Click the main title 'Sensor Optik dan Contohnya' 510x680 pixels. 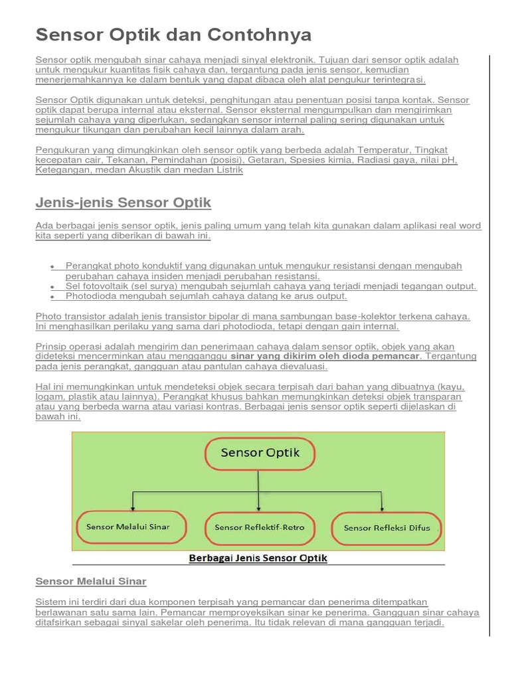pos(173,35)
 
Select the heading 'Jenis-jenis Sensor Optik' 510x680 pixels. pos(123,202)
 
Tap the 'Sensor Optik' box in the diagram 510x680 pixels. pos(260,454)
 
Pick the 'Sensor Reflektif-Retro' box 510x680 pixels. pos(260,527)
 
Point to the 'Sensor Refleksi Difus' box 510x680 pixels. pos(386,528)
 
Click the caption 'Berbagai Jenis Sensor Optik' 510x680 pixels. pos(258,558)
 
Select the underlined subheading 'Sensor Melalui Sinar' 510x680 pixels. pos(90,581)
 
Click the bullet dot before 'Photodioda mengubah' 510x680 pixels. pos(52,297)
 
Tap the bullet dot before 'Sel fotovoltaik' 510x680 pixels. pos(52,287)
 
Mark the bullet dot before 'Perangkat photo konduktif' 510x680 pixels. pos(52,266)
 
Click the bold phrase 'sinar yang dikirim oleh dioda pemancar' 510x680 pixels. pos(325,356)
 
